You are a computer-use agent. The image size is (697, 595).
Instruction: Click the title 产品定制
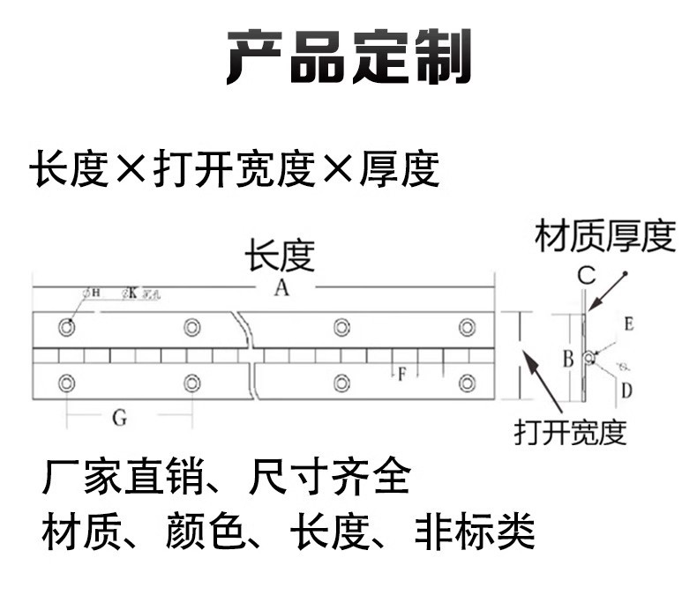(349, 57)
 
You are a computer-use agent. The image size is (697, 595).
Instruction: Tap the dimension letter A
(281, 288)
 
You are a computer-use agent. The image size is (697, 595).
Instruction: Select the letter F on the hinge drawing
(401, 374)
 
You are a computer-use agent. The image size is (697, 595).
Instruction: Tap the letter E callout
(628, 324)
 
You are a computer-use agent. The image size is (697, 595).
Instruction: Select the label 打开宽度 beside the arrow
(570, 432)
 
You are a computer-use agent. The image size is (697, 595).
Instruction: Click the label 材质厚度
(605, 236)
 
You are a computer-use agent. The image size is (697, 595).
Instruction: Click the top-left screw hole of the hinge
(67, 328)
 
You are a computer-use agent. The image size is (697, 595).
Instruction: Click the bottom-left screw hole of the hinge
(67, 383)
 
